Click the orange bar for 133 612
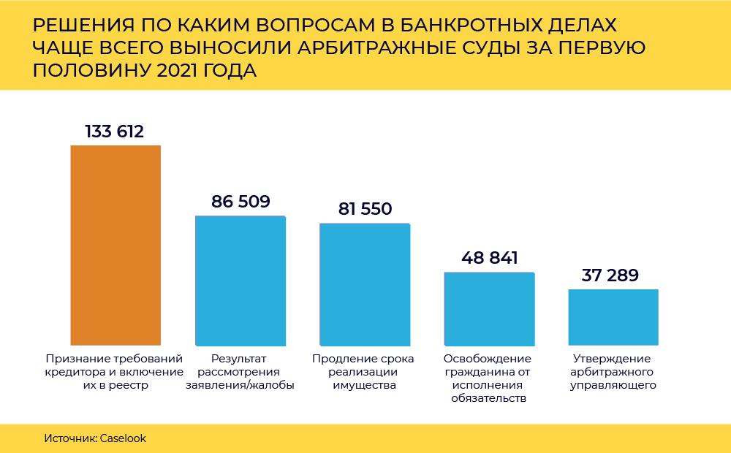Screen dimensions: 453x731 tap(115, 245)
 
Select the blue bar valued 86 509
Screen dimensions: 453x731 tap(240, 281)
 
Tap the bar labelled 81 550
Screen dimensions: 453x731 tap(365, 284)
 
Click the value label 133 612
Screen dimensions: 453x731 tap(115, 132)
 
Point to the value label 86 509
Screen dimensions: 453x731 tap(240, 202)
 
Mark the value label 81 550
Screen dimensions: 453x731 tap(365, 209)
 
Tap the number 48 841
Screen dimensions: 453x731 tap(490, 258)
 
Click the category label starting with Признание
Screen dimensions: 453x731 tap(115, 372)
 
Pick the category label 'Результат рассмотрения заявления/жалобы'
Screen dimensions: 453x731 tap(240, 372)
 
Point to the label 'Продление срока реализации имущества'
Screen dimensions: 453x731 tap(363, 372)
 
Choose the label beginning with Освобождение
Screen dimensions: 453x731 tap(488, 378)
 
